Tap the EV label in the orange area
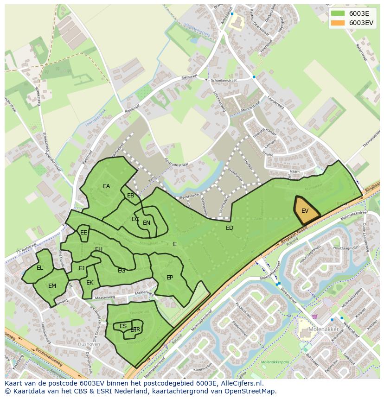point(305,211)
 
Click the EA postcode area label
point(107,186)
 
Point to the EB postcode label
point(131,196)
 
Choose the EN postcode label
point(147,223)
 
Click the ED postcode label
point(230,228)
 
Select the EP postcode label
point(170,278)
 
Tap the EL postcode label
point(40,268)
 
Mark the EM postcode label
point(52,286)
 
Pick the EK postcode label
point(90,283)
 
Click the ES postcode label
point(123,326)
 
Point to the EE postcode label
point(83,233)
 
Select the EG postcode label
point(122,271)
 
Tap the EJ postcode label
point(82,268)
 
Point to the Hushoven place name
point(89,344)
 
